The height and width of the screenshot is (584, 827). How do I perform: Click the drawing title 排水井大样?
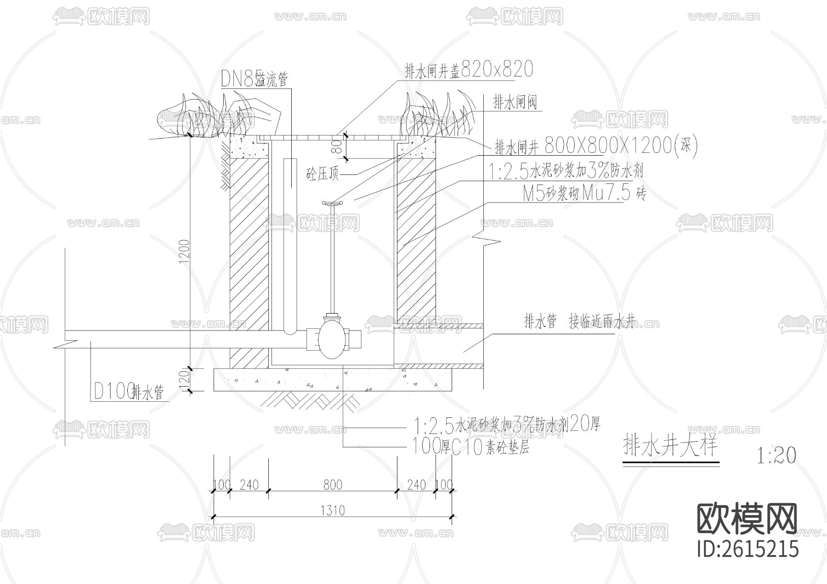pyautogui.click(x=669, y=446)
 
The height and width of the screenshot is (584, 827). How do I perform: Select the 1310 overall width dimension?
pyautogui.click(x=333, y=510)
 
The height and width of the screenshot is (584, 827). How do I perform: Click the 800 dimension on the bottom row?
pyautogui.click(x=333, y=485)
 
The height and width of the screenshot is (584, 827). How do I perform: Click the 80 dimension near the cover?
pyautogui.click(x=337, y=147)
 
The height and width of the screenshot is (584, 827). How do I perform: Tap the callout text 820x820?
pyautogui.click(x=497, y=69)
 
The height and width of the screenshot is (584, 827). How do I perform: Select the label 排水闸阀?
pyautogui.click(x=515, y=102)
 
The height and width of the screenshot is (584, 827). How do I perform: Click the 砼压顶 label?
pyautogui.click(x=323, y=174)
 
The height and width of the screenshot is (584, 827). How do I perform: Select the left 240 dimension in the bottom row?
pyautogui.click(x=249, y=485)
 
